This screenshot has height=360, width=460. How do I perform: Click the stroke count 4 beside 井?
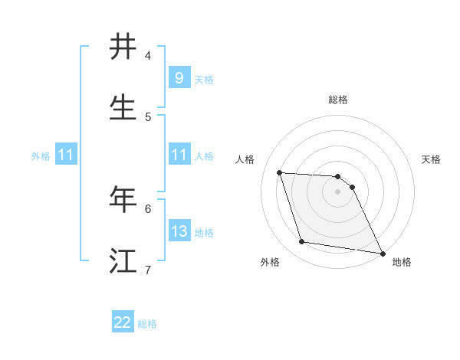coord(148,56)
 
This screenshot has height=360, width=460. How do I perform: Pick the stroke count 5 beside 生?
coord(148,117)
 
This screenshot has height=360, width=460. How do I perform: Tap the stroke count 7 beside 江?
coord(148,270)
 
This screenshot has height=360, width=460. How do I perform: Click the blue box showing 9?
coord(179,78)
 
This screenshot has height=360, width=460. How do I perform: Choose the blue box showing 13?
coord(179,231)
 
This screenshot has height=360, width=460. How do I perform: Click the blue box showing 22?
coord(123,322)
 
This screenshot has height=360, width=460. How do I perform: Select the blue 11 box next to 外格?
coord(66,155)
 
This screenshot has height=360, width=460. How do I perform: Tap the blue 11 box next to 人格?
coord(179,155)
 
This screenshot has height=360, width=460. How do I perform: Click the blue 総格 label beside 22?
coord(147,324)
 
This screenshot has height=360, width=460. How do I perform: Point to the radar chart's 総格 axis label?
coord(338,100)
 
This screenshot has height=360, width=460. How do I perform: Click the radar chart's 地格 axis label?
coord(402,263)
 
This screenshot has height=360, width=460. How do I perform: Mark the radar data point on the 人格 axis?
coord(279,172)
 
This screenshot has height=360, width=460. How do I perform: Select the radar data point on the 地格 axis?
coord(382,252)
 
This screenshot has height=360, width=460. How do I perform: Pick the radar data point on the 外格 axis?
coord(302,242)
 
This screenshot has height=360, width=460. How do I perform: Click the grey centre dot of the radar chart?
coord(338,192)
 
